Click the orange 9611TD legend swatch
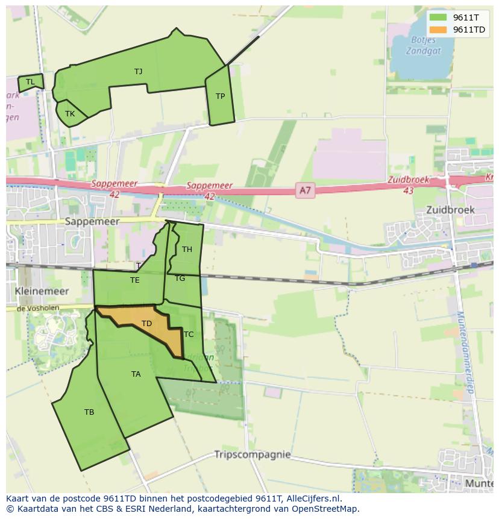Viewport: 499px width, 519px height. pyautogui.click(x=438, y=30)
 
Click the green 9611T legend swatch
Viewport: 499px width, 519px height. pyautogui.click(x=438, y=17)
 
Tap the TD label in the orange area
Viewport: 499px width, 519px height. pyautogui.click(x=146, y=324)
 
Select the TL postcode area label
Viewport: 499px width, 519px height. pyautogui.click(x=30, y=82)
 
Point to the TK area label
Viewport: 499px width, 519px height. pyautogui.click(x=70, y=114)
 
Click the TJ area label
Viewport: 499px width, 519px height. pyautogui.click(x=138, y=72)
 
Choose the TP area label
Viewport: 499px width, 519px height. pyautogui.click(x=220, y=96)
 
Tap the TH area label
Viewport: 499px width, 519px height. pyautogui.click(x=187, y=250)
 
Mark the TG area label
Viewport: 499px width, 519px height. pyautogui.click(x=180, y=278)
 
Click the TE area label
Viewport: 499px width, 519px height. pyautogui.click(x=134, y=280)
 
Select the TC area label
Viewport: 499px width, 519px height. pyautogui.click(x=189, y=335)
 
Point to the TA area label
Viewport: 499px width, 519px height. pyautogui.click(x=136, y=374)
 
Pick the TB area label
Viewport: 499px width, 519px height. pyautogui.click(x=89, y=412)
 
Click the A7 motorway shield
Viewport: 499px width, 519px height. pyautogui.click(x=306, y=191)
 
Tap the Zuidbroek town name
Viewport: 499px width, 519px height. pyautogui.click(x=450, y=210)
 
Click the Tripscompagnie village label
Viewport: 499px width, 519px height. pyautogui.click(x=253, y=455)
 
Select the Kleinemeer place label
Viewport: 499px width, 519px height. pyautogui.click(x=42, y=291)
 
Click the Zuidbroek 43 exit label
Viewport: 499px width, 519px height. pyautogui.click(x=409, y=184)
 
